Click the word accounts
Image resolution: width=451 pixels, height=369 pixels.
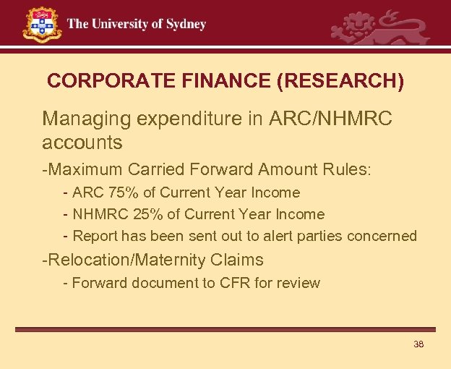(x=82, y=142)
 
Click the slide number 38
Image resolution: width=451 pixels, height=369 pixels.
(x=418, y=344)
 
